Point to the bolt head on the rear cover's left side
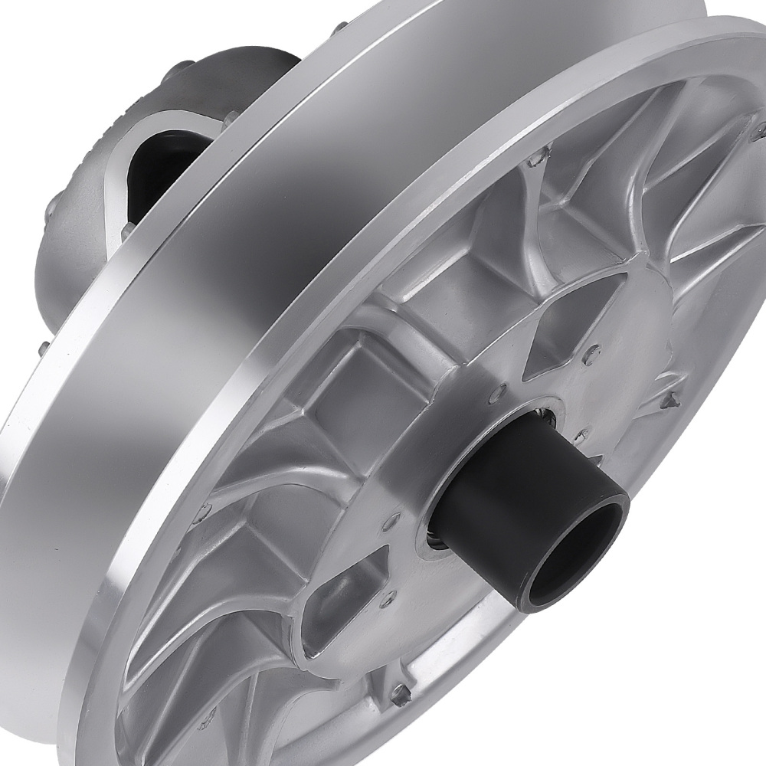click(x=54, y=207)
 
